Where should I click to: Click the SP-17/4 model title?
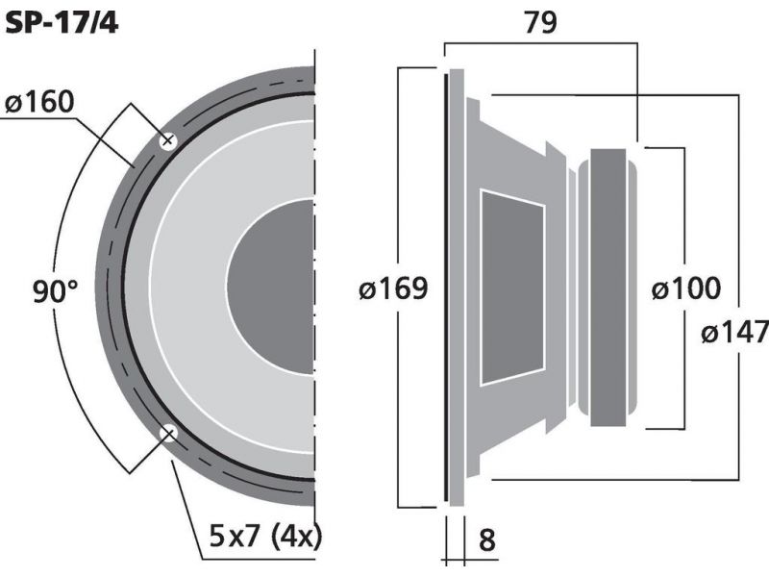point(62,22)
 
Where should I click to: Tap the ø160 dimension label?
point(39,102)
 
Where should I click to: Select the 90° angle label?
point(56,291)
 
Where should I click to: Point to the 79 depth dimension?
point(540,22)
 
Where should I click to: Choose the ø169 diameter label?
point(393,288)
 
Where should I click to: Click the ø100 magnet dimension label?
point(686,288)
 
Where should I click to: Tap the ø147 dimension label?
point(734,332)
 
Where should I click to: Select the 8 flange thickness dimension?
point(486,540)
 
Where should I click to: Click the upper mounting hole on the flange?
point(167,141)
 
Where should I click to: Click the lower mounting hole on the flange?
point(167,434)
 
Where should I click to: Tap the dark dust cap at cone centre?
point(270,287)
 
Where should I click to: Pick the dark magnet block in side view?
point(608,288)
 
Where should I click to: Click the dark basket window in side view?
point(512,287)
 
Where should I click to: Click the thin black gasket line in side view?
point(446,288)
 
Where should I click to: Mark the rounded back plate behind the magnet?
point(632,288)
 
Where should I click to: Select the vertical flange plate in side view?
point(457,288)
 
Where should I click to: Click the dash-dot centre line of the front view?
point(314,304)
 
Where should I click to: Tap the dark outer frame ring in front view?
point(109,287)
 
